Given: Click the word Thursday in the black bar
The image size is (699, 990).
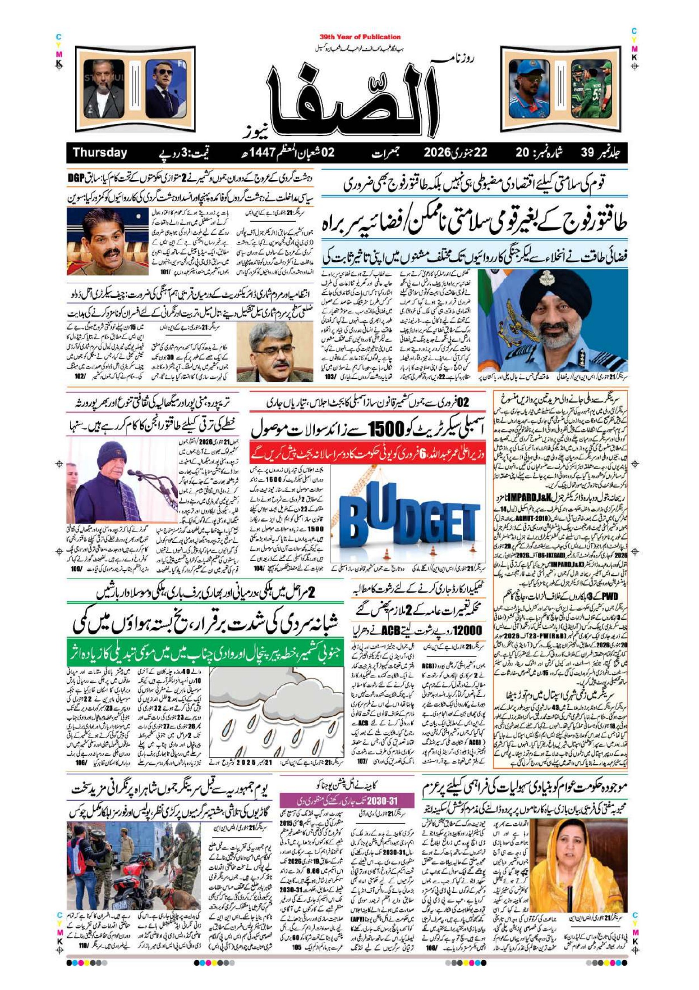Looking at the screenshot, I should (99, 153).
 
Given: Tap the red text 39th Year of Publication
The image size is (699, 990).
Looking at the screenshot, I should (360, 37).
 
